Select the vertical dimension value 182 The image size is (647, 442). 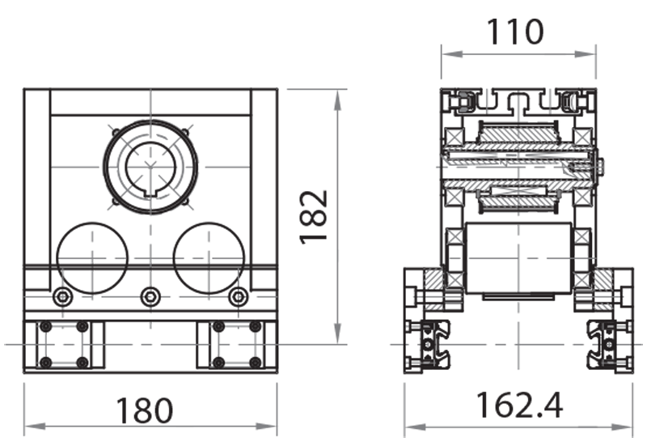(314, 216)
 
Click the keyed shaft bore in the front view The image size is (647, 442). (150, 167)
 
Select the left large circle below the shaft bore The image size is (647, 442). (92, 258)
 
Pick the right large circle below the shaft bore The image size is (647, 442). (209, 258)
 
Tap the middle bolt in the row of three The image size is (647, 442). (150, 297)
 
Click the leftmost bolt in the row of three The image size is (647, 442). (62, 297)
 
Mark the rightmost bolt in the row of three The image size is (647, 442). (237, 297)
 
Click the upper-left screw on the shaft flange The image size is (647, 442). (116, 132)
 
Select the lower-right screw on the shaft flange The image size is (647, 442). (185, 201)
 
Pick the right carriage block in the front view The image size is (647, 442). (237, 344)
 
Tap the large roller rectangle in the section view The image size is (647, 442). (519, 258)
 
